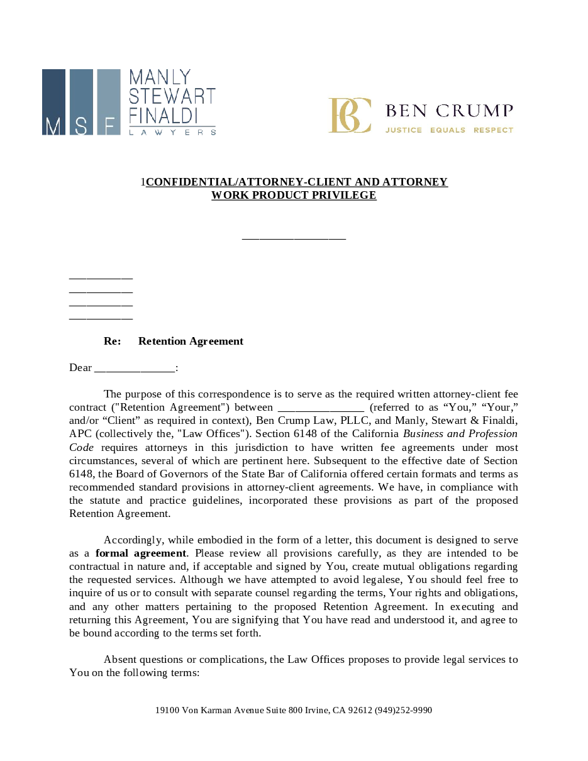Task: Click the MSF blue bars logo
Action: pos(81,102)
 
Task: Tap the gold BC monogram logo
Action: pos(350,115)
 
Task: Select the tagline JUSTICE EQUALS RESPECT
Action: pos(449,130)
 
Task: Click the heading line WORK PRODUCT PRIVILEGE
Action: pos(294,195)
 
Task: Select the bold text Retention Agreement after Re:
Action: pos(191,341)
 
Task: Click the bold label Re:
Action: pos(112,341)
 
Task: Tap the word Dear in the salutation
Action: pos(80,367)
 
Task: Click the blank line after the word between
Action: pos(320,408)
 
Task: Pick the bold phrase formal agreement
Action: pos(141,553)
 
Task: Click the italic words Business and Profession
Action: pos(460,433)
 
